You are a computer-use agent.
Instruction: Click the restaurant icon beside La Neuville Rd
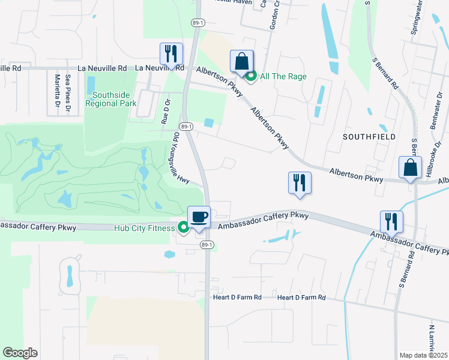(171, 54)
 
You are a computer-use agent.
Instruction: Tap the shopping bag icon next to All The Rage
(241, 62)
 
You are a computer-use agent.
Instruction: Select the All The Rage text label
(283, 76)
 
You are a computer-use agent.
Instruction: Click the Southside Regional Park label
(111, 99)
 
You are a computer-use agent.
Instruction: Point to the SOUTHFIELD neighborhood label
(369, 137)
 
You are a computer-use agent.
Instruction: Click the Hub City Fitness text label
(144, 227)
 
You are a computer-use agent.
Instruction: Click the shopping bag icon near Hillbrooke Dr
(411, 169)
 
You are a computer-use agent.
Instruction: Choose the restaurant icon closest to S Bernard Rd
(391, 221)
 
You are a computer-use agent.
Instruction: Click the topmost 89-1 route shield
(199, 22)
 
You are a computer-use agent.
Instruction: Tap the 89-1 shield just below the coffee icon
(206, 245)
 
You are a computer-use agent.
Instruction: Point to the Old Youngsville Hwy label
(181, 157)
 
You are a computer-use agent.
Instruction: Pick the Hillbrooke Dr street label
(428, 163)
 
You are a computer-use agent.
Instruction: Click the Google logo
(20, 353)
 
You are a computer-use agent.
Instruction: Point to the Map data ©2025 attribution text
(424, 355)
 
